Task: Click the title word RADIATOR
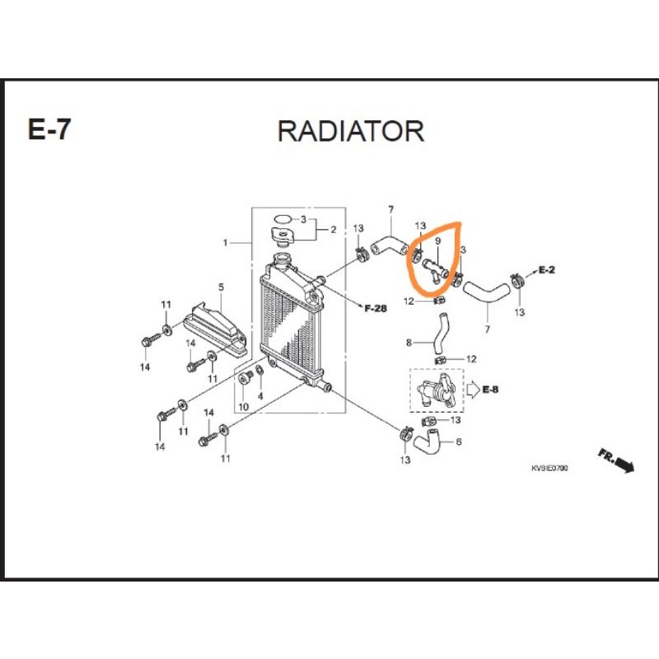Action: click(x=351, y=131)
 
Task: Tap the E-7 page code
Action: click(x=49, y=129)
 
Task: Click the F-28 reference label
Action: click(x=376, y=308)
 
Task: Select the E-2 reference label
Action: click(x=546, y=270)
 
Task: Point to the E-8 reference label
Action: click(x=490, y=390)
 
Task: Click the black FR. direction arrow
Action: click(x=616, y=460)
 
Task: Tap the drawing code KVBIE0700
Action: click(x=549, y=468)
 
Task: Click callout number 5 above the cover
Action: click(x=221, y=287)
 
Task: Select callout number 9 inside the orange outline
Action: click(x=437, y=241)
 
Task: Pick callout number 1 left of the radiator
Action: click(x=225, y=242)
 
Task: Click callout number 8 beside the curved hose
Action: click(x=409, y=343)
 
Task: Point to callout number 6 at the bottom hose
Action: click(x=459, y=442)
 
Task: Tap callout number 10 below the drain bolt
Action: click(x=244, y=407)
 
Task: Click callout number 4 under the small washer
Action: click(x=260, y=396)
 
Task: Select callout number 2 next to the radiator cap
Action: click(x=334, y=230)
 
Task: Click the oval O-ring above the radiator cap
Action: click(x=283, y=219)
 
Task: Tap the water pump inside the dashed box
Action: click(x=436, y=390)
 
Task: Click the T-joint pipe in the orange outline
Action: click(x=434, y=269)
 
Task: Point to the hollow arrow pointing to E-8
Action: click(x=472, y=390)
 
